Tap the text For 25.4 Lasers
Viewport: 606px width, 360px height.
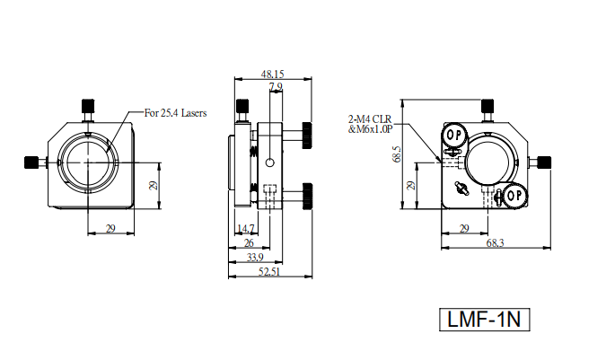pyautogui.click(x=176, y=113)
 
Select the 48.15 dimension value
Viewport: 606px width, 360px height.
pyautogui.click(x=272, y=74)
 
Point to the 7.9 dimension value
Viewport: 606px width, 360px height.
pyautogui.click(x=275, y=87)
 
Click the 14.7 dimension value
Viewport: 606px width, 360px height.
pyautogui.click(x=244, y=228)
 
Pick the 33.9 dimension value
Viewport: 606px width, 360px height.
pyautogui.click(x=254, y=258)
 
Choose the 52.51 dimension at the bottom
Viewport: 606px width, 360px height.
pyautogui.click(x=269, y=272)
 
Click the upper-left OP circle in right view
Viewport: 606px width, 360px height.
pyautogui.click(x=452, y=135)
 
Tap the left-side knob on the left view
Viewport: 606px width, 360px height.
pyautogui.click(x=32, y=162)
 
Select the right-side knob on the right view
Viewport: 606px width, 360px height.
pyautogui.click(x=545, y=162)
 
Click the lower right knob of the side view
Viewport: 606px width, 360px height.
pyautogui.click(x=308, y=193)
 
